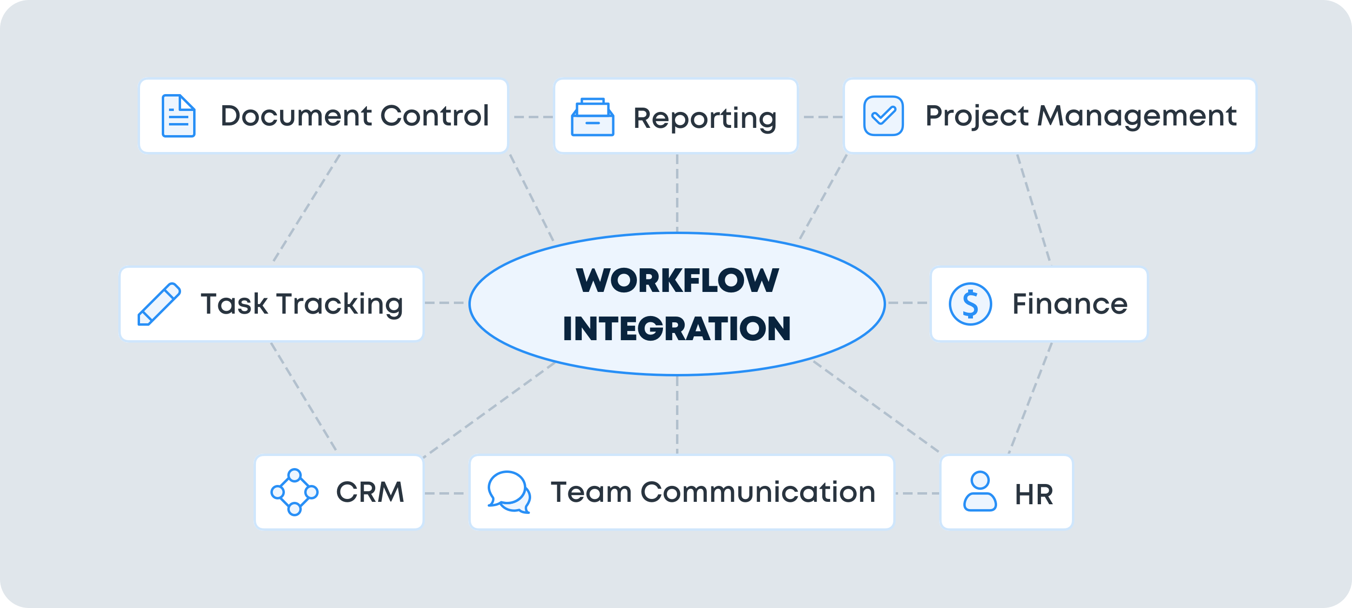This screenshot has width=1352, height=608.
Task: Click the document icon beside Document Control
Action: [179, 116]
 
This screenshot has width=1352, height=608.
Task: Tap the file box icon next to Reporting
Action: [592, 117]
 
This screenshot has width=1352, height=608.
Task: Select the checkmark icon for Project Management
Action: [883, 116]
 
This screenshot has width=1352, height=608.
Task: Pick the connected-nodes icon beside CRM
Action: [295, 492]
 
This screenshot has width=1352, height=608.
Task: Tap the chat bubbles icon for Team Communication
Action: [508, 492]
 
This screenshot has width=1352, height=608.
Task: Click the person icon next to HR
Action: [980, 492]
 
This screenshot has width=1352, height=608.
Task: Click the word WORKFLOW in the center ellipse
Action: [677, 281]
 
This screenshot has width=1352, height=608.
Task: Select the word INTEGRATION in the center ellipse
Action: [676, 329]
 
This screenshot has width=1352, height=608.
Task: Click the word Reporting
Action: [705, 118]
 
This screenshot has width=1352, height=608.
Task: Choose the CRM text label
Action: [370, 492]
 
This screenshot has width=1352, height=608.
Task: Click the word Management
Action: [1137, 116]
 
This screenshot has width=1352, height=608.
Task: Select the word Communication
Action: [758, 492]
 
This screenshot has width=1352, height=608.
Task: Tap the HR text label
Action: [1034, 494]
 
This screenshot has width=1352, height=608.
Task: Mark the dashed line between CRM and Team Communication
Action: [445, 493]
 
